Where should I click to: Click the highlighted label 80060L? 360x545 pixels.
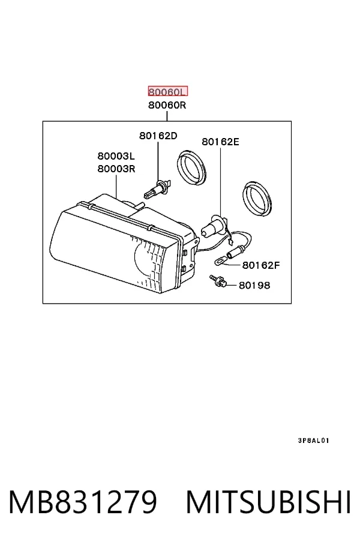168,91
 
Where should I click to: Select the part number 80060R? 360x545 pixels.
167,104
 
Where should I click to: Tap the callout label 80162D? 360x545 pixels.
158,135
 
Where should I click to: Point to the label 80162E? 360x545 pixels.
221,142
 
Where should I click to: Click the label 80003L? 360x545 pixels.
116,155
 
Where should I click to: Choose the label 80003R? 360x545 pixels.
116,169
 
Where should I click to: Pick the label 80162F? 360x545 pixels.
261,265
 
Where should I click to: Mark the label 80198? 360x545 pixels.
254,285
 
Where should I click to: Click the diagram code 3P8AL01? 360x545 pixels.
313,441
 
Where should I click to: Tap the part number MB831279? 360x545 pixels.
83,502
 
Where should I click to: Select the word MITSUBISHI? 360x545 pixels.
269,502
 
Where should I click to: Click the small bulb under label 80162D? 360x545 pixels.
157,190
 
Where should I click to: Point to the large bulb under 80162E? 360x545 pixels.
214,226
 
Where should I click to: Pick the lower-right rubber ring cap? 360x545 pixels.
257,198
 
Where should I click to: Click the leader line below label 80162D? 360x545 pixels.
158,160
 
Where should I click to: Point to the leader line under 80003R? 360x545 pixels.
116,186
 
